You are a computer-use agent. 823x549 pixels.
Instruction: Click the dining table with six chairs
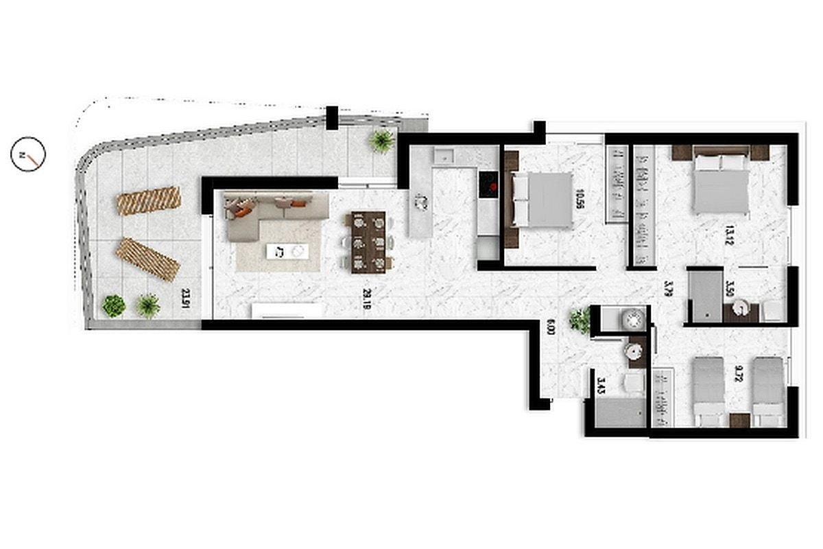point(369,240)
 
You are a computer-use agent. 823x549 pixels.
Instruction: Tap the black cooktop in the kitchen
point(489,183)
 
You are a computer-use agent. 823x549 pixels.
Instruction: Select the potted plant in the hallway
point(580,318)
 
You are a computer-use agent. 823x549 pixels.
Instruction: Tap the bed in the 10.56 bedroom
point(542,200)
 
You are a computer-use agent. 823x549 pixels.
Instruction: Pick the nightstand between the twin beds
point(739,420)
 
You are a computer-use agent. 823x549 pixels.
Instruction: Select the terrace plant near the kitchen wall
point(381,141)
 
